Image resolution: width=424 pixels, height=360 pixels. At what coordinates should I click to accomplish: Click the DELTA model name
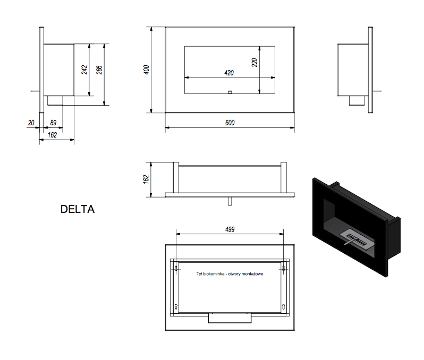[78, 209]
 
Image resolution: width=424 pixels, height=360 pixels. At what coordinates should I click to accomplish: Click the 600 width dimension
[230, 123]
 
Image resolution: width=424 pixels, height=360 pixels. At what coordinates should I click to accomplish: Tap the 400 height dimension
[146, 70]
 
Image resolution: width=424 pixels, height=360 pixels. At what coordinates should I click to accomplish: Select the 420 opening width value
[229, 73]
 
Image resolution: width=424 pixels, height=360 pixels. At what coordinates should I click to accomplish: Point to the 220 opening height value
[255, 63]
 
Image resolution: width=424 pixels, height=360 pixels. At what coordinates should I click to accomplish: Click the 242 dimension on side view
[84, 70]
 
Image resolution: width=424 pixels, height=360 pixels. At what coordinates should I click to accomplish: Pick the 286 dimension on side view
[99, 70]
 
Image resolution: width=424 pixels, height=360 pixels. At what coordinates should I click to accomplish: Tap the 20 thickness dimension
[31, 123]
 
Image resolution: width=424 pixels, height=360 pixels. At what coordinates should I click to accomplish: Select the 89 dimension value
[53, 123]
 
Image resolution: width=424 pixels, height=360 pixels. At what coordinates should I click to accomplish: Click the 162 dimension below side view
[52, 135]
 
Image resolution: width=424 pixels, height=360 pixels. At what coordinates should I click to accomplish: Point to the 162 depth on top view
[146, 179]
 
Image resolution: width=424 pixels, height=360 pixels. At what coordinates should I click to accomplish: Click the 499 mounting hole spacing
[230, 229]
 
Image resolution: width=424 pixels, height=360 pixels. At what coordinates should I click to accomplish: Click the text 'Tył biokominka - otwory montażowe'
[230, 274]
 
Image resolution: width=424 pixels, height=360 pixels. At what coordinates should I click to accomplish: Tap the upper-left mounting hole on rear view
[176, 269]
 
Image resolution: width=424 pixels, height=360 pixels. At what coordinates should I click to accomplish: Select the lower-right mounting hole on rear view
[283, 306]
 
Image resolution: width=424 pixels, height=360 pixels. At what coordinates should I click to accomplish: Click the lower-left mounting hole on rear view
[176, 306]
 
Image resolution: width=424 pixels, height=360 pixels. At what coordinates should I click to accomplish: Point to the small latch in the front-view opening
[230, 92]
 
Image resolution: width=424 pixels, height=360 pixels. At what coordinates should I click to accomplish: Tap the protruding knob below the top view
[230, 201]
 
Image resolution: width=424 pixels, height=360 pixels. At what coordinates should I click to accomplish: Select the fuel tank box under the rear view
[230, 318]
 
